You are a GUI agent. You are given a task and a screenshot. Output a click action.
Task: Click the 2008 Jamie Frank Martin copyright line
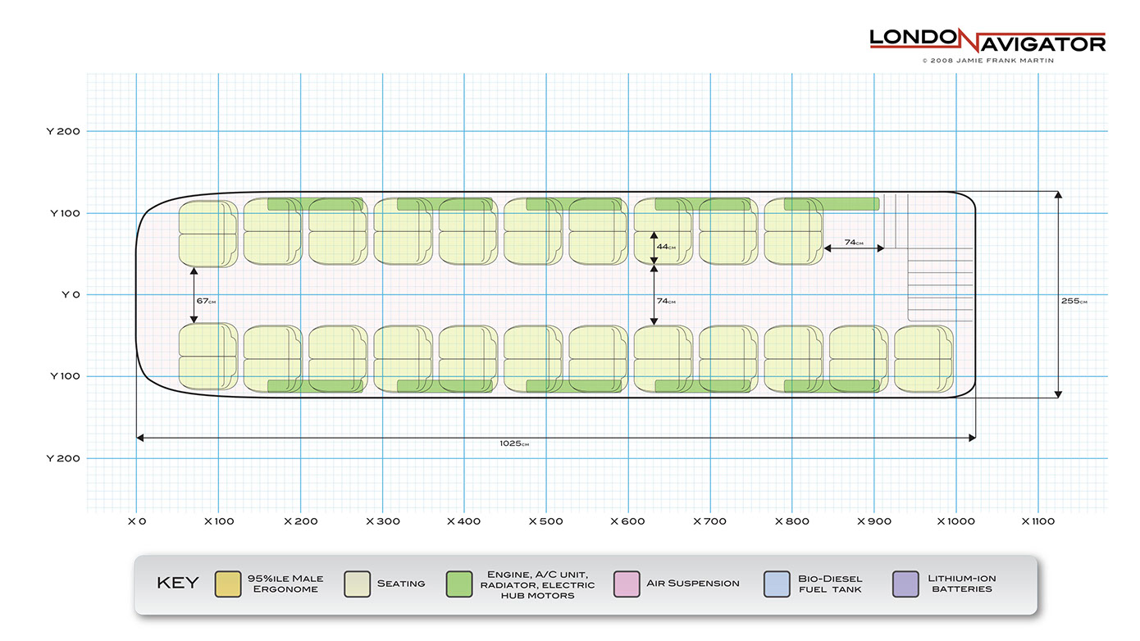[x=987, y=60]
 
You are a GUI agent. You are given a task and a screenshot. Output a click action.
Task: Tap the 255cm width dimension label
[x=1074, y=301]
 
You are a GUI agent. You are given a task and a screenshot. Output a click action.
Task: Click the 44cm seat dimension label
[x=666, y=247]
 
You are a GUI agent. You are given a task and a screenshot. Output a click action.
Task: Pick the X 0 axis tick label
[x=136, y=521]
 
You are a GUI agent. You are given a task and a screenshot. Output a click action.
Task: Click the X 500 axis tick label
[x=545, y=521]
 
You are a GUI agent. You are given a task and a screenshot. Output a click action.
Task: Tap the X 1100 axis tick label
[x=1037, y=521]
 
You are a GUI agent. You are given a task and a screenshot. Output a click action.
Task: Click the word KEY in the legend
[x=177, y=584]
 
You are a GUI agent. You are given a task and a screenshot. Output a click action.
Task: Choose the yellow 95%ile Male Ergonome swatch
[x=227, y=584]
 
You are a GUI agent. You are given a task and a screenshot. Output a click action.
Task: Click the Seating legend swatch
[x=358, y=584]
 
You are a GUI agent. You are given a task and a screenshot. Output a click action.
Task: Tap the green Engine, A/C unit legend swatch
[x=459, y=584]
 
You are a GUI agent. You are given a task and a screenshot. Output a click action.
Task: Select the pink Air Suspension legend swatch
[x=626, y=584]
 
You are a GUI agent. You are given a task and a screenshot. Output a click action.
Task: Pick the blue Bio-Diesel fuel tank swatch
[x=776, y=584]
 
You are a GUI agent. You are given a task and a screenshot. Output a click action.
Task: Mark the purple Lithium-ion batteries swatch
[x=906, y=584]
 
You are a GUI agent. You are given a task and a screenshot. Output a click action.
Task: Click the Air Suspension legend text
[x=692, y=584]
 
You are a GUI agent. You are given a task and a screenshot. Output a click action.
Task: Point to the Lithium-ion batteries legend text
[x=962, y=584]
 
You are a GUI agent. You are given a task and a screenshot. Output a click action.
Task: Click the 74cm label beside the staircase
[x=854, y=243]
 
